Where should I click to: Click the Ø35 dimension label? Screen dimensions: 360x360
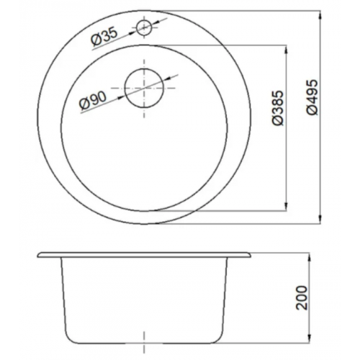[104, 37]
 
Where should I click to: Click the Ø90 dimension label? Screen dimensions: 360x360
[93, 102]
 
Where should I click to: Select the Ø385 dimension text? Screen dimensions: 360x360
[278, 108]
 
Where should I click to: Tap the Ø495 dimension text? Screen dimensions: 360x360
[312, 97]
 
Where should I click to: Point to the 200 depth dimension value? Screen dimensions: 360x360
[302, 297]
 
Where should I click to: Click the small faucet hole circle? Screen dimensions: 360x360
[144, 28]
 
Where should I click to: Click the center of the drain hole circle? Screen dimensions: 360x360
[144, 88]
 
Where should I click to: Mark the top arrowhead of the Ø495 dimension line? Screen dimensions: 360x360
[320, 15]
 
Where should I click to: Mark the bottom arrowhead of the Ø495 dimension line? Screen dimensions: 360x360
[320, 220]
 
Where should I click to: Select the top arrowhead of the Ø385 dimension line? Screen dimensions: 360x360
[286, 50]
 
